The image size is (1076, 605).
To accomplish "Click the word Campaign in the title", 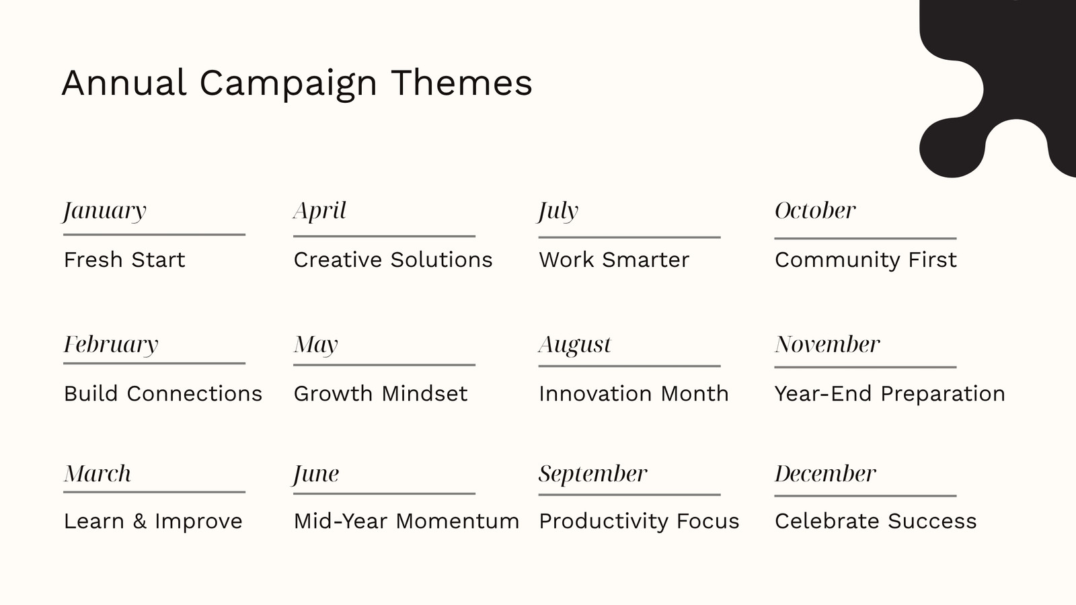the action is [x=289, y=85].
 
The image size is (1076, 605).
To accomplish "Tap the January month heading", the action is [x=104, y=211].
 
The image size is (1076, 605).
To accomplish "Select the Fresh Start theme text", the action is [x=124, y=259].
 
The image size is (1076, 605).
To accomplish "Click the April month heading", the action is [x=320, y=211].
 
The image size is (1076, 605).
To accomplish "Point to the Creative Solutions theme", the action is [x=393, y=259].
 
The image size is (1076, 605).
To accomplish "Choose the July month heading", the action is [x=558, y=211].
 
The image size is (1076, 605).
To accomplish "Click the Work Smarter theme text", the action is [x=614, y=259].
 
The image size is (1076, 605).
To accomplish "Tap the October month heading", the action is [x=815, y=211].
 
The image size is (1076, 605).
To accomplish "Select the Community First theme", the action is [x=866, y=260].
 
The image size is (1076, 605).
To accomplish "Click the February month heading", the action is [x=111, y=345].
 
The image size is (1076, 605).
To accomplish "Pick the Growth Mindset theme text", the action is [x=381, y=394].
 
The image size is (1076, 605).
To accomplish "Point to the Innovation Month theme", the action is [x=633, y=394].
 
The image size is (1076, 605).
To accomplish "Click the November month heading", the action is [x=827, y=344].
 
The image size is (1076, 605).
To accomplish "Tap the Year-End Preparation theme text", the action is [x=890, y=394].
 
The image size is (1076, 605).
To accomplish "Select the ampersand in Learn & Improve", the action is [x=139, y=521].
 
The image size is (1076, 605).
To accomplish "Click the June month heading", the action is [x=316, y=475].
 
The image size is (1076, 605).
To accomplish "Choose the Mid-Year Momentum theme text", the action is [x=406, y=521].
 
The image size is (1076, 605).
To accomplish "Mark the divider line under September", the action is [x=629, y=495].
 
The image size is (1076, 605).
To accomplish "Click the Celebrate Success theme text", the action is [x=876, y=521].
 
